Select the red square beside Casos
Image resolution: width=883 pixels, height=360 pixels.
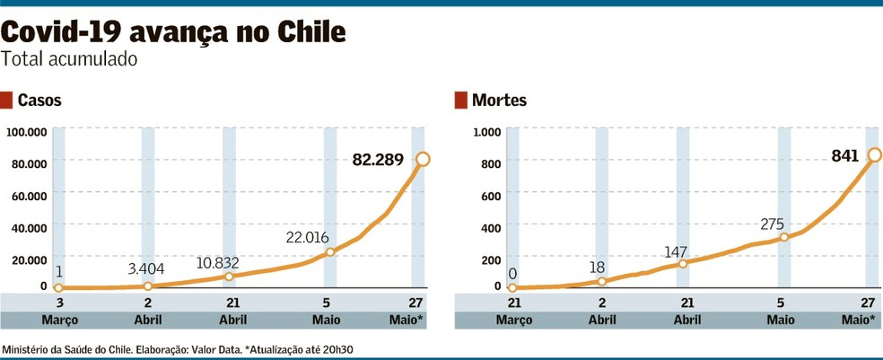(x=7, y=101)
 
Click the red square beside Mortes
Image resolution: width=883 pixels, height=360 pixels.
(x=461, y=101)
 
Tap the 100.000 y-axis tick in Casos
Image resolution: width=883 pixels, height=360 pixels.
(x=26, y=132)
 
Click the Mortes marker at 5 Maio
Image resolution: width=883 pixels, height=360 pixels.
(x=783, y=237)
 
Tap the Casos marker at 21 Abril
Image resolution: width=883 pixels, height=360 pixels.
(x=229, y=277)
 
